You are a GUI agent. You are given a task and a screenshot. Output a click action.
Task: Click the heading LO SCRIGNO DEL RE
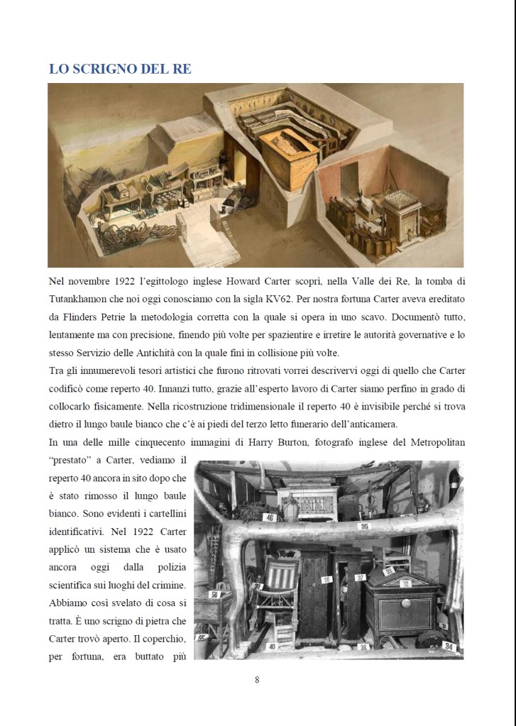click(120, 69)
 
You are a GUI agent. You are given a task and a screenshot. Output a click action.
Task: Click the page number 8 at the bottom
click(257, 680)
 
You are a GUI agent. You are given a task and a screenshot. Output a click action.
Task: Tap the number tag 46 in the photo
click(270, 518)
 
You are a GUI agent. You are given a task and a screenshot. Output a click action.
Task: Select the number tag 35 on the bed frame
click(364, 526)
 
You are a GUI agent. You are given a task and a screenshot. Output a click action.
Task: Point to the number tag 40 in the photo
click(271, 647)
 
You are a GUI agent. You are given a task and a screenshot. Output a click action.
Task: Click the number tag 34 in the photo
click(449, 647)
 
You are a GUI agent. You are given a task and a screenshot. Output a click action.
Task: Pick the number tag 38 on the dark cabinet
click(327, 579)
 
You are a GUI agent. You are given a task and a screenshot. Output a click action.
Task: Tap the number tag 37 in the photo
click(360, 578)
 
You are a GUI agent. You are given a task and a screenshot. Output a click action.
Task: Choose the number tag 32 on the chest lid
click(406, 583)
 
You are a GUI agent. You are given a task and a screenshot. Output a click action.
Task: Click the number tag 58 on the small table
click(215, 594)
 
